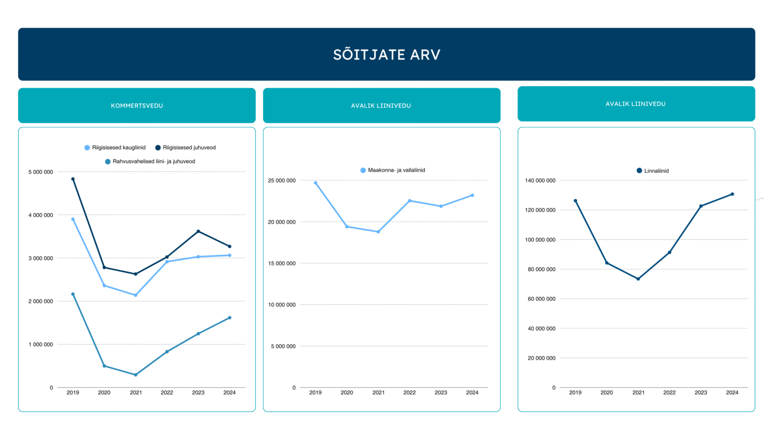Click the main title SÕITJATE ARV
(387, 55)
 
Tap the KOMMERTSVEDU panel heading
(137, 106)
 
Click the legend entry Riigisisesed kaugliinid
(115, 148)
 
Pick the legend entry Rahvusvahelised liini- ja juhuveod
(150, 162)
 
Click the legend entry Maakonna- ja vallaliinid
(393, 170)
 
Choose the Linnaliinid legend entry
(653, 170)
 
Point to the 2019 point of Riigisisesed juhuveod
(73, 179)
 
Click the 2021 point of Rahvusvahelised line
(136, 375)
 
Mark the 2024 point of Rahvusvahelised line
(229, 317)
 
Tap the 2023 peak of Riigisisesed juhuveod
(198, 231)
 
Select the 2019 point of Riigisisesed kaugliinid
(73, 219)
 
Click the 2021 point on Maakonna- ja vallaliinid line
(378, 232)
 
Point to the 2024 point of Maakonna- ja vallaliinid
(472, 195)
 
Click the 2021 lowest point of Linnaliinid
(638, 279)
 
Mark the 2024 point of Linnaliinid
(732, 194)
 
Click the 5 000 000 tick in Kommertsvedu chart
(41, 172)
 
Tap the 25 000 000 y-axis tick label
(282, 180)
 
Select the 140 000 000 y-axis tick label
(540, 180)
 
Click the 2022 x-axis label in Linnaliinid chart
(669, 393)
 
